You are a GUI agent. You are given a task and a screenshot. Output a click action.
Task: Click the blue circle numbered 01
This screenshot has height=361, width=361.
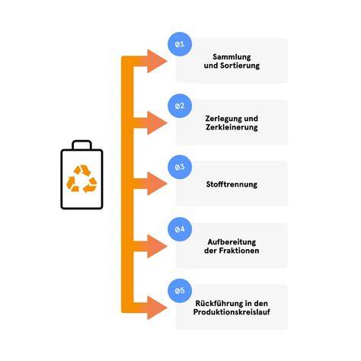coord(180,44)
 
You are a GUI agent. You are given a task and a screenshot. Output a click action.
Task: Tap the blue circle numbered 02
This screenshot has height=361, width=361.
coord(180,106)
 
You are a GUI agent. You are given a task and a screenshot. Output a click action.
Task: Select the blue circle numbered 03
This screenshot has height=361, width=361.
coord(180,167)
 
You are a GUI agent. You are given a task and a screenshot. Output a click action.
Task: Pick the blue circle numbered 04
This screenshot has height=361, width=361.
coord(180,229)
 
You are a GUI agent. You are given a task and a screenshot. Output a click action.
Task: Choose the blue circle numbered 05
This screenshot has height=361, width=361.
coord(180,291)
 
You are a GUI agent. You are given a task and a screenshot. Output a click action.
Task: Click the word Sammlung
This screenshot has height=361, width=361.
coord(232,57)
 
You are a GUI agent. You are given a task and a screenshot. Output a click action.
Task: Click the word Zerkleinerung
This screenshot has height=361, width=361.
coord(232,127)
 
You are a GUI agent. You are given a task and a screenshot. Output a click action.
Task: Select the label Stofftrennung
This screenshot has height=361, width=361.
coord(232,184)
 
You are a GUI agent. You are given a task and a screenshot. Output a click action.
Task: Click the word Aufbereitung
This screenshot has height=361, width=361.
coord(232,242)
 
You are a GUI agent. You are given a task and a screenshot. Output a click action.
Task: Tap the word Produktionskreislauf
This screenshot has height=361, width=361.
coord(232,311)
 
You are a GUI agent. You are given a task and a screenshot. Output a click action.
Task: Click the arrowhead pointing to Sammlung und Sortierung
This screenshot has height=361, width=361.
coord(157,61)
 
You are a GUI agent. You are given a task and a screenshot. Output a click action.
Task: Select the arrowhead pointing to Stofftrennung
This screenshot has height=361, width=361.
coord(157,184)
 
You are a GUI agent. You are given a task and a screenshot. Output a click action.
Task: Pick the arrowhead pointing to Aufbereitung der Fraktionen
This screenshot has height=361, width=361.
coord(157,246)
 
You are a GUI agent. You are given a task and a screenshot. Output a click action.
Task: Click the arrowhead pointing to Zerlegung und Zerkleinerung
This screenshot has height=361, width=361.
coord(157,123)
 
